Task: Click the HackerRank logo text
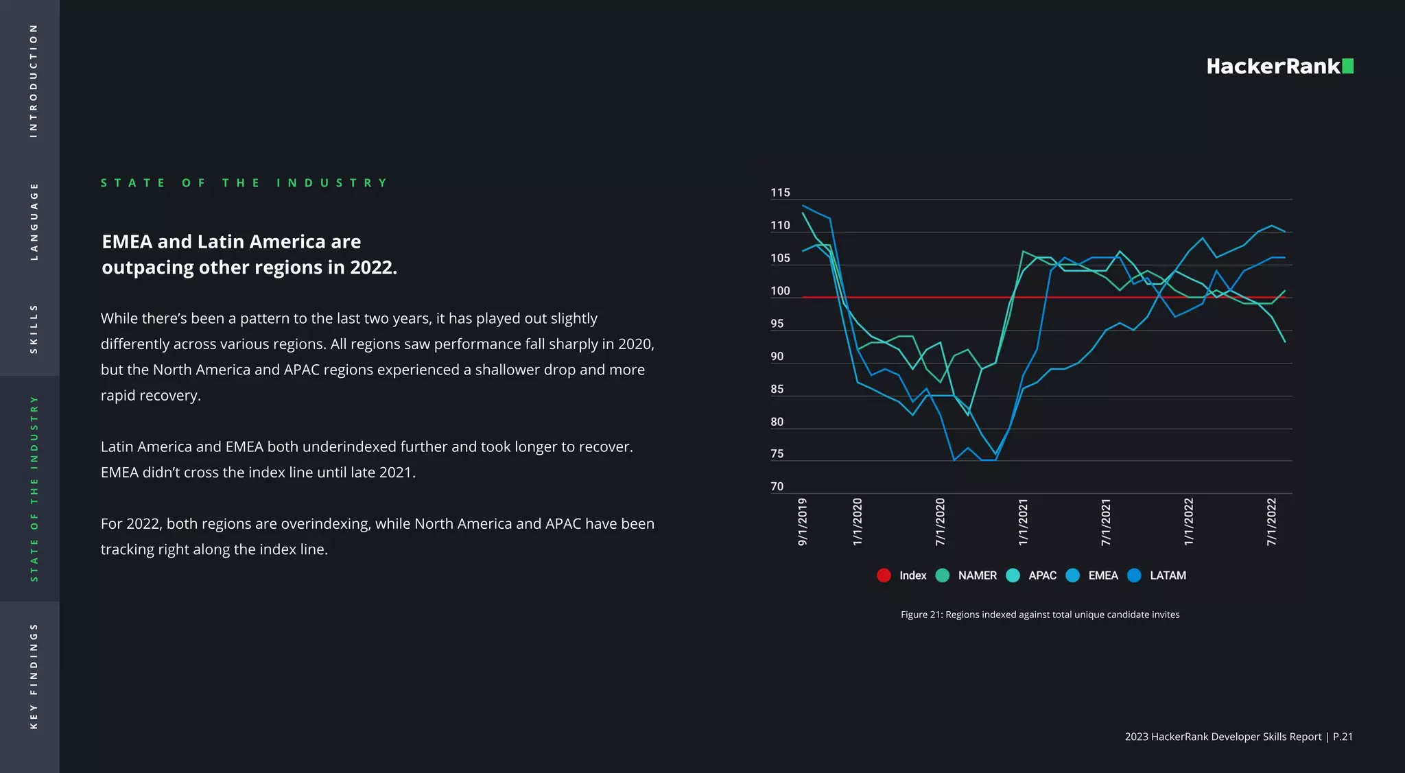tap(1273, 67)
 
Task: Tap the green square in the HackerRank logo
tap(1347, 66)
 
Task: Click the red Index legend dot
tap(884, 575)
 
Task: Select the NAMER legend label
tap(977, 575)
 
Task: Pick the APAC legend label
tap(1042, 575)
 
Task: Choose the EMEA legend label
tap(1102, 575)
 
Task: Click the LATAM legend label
tap(1168, 575)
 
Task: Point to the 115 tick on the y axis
tap(780, 193)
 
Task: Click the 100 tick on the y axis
tap(780, 291)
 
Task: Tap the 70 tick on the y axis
tap(777, 486)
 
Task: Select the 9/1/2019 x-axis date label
tap(802, 522)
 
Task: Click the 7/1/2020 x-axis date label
tap(940, 522)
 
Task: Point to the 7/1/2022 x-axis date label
tap(1271, 522)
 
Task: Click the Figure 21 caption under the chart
tap(1040, 615)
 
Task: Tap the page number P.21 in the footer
tap(1343, 737)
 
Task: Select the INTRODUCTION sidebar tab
tap(33, 81)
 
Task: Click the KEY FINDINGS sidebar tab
tap(33, 676)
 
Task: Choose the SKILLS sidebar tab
tap(33, 329)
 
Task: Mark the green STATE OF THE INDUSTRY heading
tap(244, 183)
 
